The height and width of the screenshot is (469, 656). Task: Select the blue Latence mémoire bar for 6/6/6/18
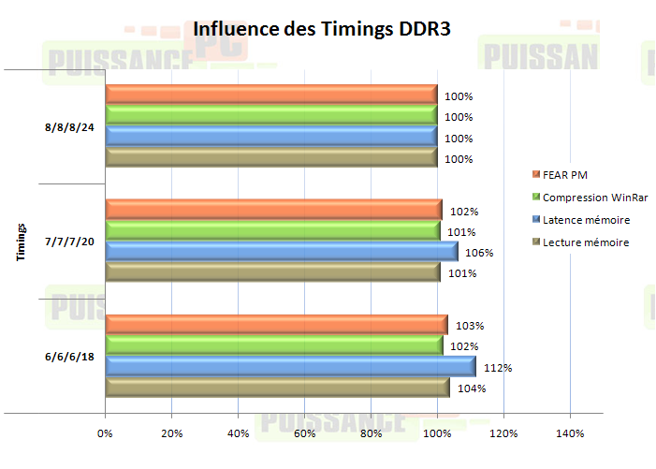(x=290, y=367)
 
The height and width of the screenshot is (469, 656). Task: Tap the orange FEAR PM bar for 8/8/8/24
(x=271, y=95)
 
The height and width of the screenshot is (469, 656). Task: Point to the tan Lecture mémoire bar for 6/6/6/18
(x=278, y=388)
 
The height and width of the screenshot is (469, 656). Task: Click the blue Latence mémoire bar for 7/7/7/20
(x=282, y=251)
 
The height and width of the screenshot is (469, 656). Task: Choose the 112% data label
(x=497, y=368)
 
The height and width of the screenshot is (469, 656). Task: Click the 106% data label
(x=479, y=253)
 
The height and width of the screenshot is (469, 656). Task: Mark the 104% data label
(x=472, y=388)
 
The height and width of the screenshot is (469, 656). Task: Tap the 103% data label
(x=471, y=326)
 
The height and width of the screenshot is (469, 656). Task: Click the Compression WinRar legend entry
(x=595, y=198)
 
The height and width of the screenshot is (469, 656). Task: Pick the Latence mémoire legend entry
(x=586, y=220)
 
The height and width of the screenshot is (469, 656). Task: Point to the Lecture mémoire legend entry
(x=586, y=242)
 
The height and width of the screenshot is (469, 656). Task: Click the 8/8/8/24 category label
(x=71, y=126)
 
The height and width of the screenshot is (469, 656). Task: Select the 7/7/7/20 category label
(x=71, y=242)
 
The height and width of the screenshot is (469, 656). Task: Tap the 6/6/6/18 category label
(x=71, y=357)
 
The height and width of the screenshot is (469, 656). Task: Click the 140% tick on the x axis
(x=570, y=433)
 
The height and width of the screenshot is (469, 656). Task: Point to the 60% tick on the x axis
(x=305, y=433)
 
